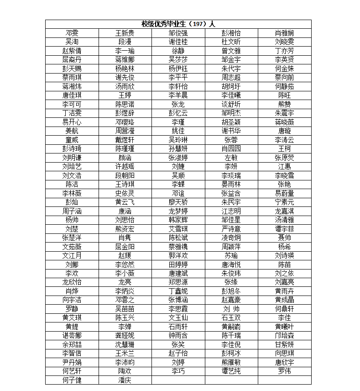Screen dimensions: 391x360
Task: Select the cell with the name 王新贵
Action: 125,33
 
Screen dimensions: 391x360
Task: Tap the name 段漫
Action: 125,42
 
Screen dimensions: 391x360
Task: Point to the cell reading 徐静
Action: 178,50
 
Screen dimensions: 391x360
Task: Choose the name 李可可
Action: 72,104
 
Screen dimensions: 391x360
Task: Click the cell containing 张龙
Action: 178,104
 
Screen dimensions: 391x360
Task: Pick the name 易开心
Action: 72,122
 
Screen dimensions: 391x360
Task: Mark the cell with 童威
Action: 72,140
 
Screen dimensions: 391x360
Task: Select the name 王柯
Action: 284,148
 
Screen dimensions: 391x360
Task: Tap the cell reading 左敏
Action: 231,157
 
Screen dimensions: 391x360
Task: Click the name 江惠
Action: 284,166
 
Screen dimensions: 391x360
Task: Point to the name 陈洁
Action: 72,184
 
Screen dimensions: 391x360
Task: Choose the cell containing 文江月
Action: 72,255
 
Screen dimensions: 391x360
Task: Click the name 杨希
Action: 284,246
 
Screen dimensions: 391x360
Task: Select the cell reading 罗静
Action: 72,309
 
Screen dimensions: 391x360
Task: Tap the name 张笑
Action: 178,344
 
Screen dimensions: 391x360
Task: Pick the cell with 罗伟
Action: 284,371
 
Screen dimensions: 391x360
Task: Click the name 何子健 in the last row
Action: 72,380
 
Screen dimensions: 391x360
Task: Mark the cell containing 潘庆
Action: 125,380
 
